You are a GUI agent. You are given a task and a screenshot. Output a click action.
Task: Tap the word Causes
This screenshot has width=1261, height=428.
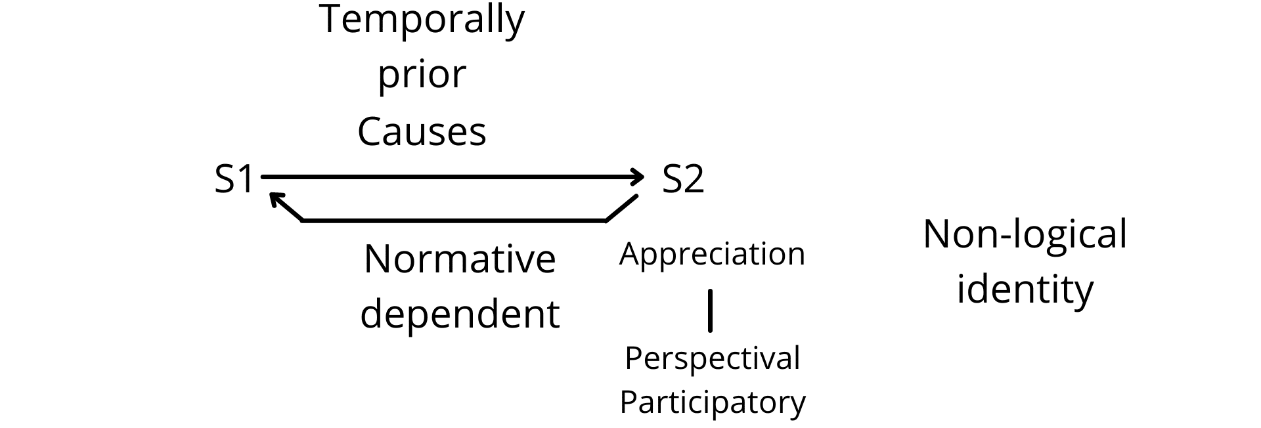[x=422, y=131]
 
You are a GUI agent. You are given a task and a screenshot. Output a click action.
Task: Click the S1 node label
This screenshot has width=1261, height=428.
[x=234, y=179]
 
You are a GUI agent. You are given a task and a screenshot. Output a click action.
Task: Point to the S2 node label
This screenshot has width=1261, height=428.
[x=683, y=179]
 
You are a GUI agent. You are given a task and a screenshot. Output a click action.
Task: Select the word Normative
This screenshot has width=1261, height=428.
[x=460, y=259]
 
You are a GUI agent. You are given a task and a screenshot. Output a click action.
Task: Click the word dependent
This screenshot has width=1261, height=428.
[x=460, y=314]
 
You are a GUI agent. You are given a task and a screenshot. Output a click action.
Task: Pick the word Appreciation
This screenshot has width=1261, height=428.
[x=712, y=255]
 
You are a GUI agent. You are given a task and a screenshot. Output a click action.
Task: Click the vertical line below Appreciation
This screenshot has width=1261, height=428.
[x=710, y=310]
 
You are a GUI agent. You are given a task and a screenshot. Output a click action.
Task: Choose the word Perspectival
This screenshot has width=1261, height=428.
[x=713, y=358]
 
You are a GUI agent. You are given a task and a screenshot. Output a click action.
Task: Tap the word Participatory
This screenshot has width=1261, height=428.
[x=713, y=402]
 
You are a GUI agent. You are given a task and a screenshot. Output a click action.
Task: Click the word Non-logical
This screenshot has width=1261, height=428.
[x=1025, y=234]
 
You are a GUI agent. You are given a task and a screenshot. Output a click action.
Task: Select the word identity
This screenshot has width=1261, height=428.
[x=1025, y=289]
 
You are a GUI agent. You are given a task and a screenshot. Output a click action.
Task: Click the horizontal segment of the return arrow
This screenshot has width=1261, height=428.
[x=453, y=221]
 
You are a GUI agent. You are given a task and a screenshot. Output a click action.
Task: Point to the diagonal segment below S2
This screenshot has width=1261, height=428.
[x=621, y=208]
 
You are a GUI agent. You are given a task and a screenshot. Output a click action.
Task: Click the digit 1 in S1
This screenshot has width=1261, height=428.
[x=245, y=179]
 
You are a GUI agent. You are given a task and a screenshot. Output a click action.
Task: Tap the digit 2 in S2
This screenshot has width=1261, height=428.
[x=694, y=179]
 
